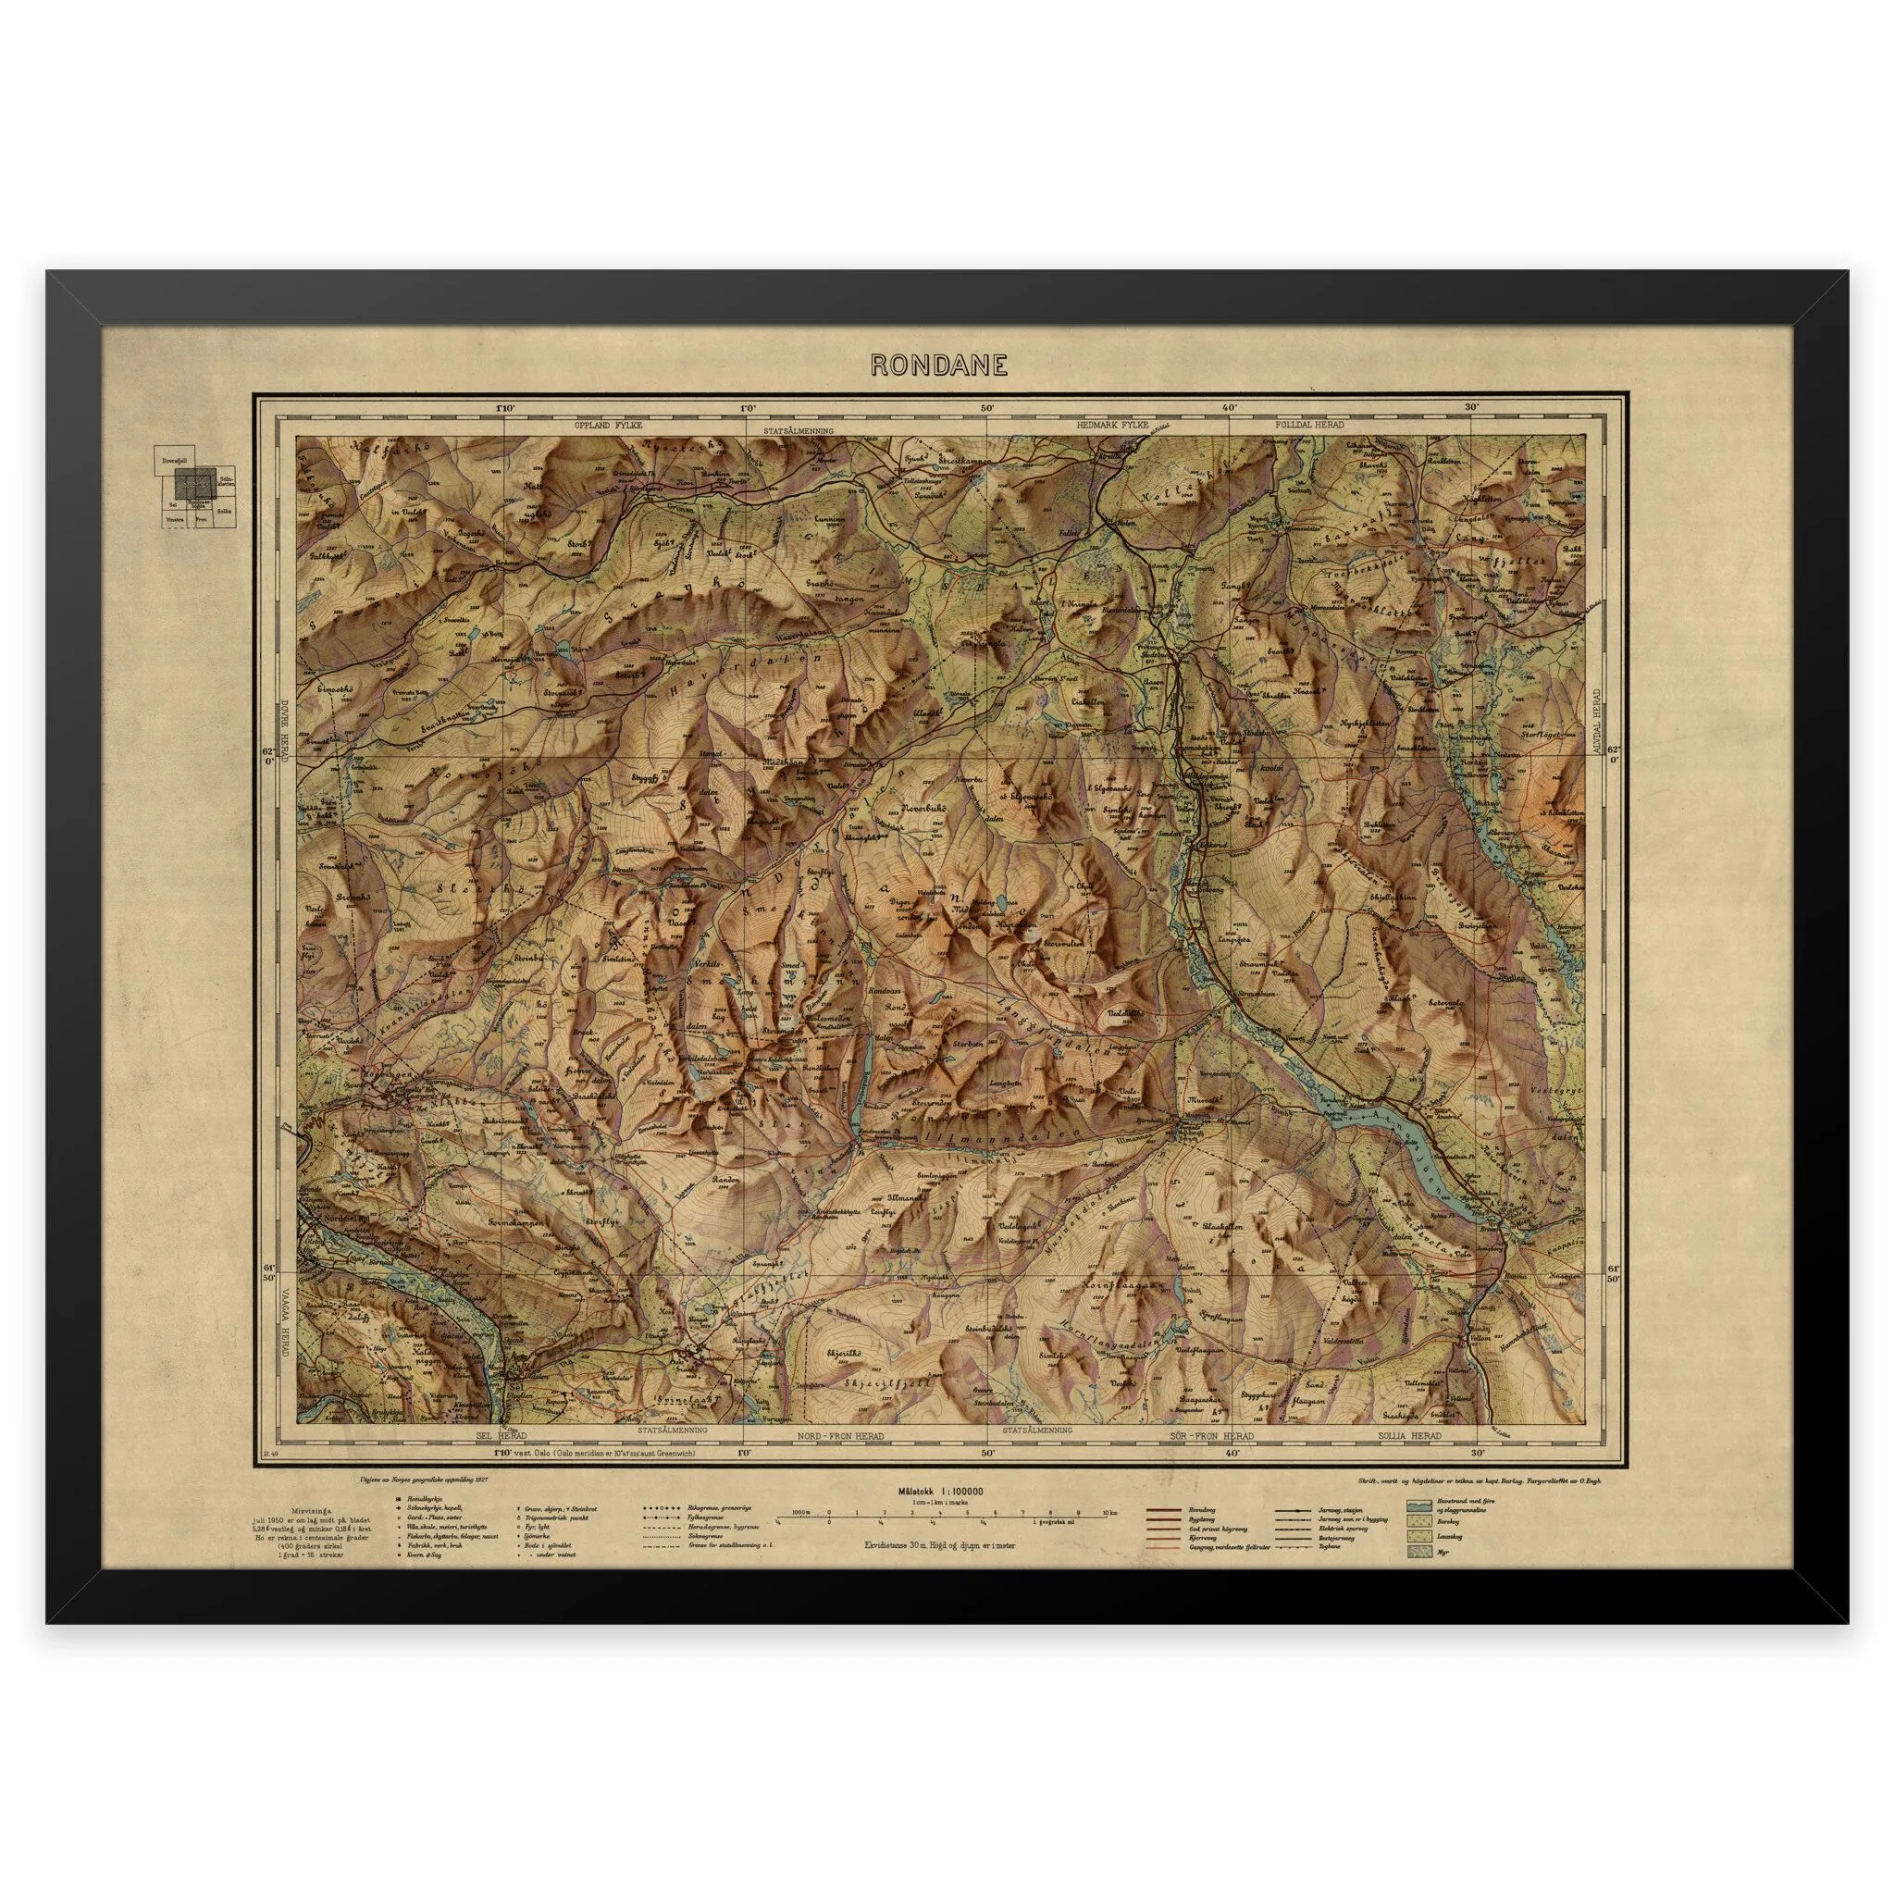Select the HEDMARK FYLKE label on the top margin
[x=1111, y=427]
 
